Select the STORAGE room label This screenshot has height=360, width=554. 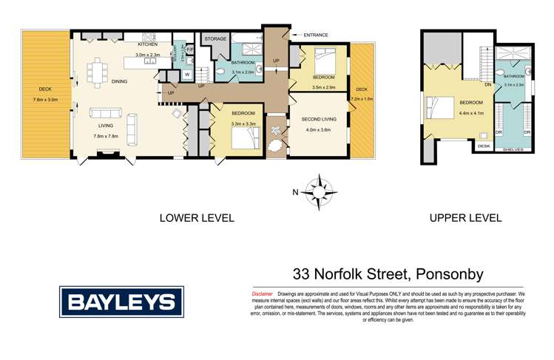(x=215, y=39)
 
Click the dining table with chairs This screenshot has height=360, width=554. (x=98, y=72)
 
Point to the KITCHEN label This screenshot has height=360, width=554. (x=147, y=44)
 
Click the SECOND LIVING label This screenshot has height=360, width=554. (x=319, y=118)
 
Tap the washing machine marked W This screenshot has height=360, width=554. (x=186, y=74)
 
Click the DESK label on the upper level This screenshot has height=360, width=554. (x=484, y=146)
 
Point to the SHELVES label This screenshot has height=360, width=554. (x=513, y=150)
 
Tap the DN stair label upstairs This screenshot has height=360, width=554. (x=488, y=84)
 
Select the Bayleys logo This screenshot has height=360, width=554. (x=121, y=301)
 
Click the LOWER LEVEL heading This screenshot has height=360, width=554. (x=197, y=218)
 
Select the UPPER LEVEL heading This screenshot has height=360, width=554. (x=465, y=218)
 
